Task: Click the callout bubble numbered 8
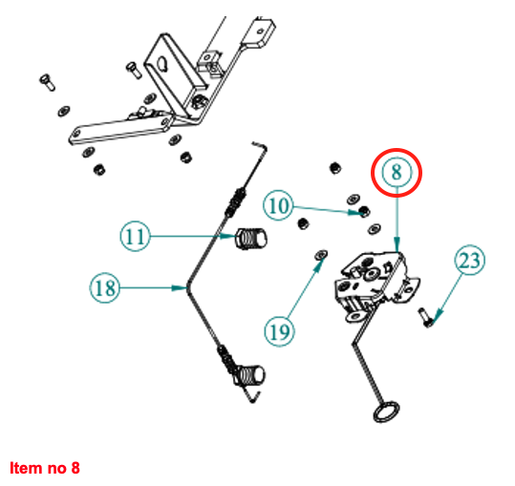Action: (x=397, y=172)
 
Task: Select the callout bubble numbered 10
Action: (x=278, y=205)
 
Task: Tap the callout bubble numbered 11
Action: (x=135, y=236)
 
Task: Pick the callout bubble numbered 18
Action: (x=105, y=287)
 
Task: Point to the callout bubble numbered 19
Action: (x=279, y=331)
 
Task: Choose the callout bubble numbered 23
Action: (x=470, y=260)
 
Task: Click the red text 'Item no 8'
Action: (x=45, y=468)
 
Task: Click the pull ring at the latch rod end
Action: (x=386, y=412)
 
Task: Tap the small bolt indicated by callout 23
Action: (x=425, y=317)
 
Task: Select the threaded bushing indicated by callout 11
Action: (x=251, y=239)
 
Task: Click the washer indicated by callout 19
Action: (x=321, y=254)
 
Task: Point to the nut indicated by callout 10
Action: (x=364, y=211)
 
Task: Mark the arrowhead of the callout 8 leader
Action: (x=397, y=245)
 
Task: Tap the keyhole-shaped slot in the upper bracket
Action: (x=161, y=63)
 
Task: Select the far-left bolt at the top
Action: (x=48, y=83)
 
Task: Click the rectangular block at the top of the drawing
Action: (x=258, y=32)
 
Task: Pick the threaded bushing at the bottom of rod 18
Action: (x=249, y=374)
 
